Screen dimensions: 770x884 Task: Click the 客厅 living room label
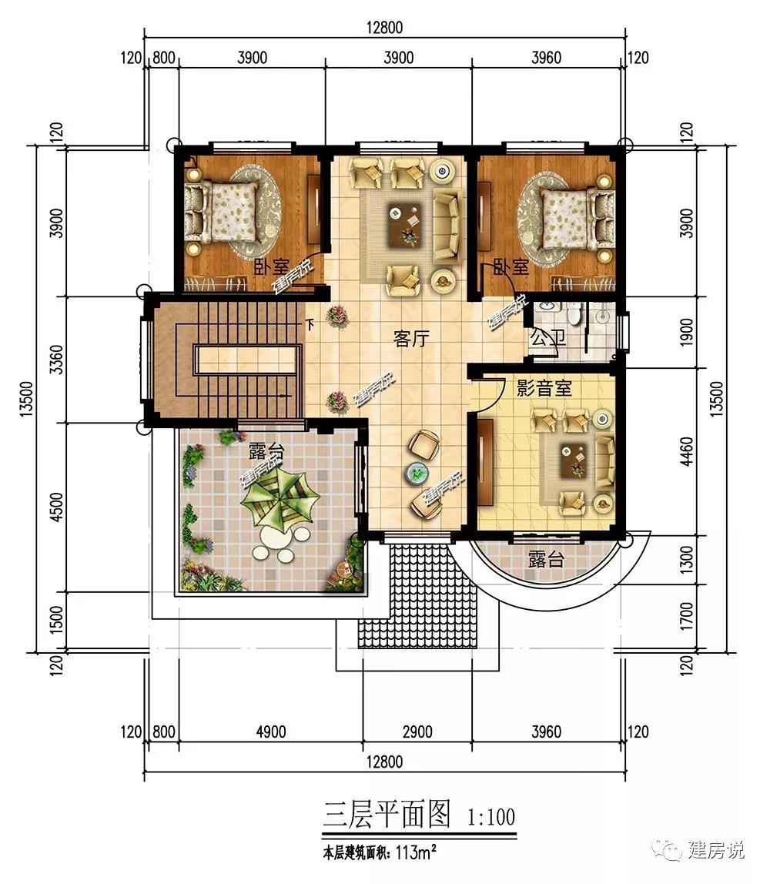(x=411, y=340)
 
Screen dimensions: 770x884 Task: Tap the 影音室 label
(x=544, y=388)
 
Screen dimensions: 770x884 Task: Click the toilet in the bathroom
(x=574, y=314)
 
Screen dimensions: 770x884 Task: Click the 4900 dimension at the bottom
(x=270, y=732)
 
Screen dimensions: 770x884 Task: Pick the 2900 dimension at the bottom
(x=417, y=732)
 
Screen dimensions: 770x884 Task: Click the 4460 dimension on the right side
(x=687, y=451)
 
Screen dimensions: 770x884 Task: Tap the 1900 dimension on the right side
(x=687, y=333)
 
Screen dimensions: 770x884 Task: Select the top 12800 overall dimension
(x=384, y=27)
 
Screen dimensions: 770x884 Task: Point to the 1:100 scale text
(x=491, y=817)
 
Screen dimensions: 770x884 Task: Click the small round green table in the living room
(x=417, y=474)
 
